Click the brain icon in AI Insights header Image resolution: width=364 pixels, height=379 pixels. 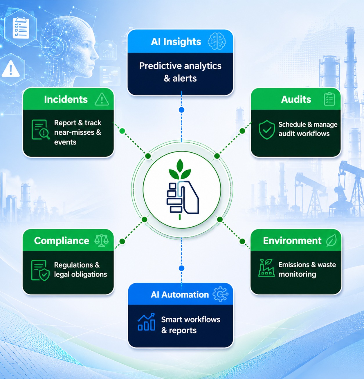pos(217,41)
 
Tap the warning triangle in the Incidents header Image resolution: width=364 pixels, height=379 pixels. pos(102,99)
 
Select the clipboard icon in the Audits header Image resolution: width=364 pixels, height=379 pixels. pos(329,99)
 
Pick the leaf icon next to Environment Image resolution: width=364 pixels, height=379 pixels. pos(331,240)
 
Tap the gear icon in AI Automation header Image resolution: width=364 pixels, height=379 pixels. pos(220,294)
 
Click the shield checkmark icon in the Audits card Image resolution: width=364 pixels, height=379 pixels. pos(267,129)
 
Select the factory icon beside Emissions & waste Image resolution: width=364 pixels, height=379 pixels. pos(266,268)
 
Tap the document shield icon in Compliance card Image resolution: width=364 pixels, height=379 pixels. pos(40,270)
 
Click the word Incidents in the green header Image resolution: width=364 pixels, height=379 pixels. pos(66,99)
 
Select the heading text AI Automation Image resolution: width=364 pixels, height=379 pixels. pos(180,295)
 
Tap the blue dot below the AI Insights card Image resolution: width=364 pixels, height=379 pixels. pos(181,110)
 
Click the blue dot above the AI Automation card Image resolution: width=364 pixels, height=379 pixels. pos(181,268)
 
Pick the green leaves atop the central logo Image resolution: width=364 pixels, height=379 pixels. pos(180,169)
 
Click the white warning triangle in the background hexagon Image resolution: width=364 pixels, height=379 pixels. pos(11,69)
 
